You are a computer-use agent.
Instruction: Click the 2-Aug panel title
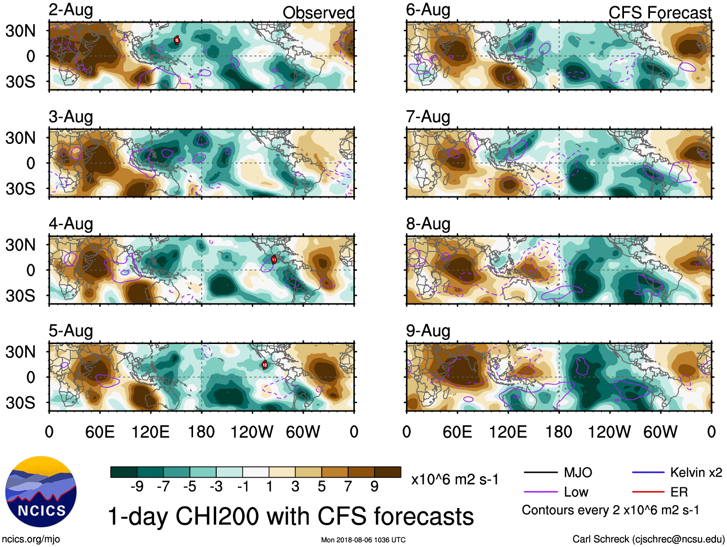(71, 10)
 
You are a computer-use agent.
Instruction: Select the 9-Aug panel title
(428, 331)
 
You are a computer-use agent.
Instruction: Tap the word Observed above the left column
(318, 13)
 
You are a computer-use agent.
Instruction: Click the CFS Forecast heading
(660, 13)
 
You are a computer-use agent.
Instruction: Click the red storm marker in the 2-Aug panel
(177, 40)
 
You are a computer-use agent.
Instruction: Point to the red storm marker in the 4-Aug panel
(273, 260)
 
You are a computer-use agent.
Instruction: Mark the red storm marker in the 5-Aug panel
(264, 365)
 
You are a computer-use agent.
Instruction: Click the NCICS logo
(41, 491)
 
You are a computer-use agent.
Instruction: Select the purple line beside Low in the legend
(541, 492)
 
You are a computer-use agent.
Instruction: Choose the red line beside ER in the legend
(648, 492)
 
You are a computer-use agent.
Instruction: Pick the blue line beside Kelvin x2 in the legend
(648, 472)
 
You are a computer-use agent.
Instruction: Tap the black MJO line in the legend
(541, 472)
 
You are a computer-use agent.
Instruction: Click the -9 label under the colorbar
(137, 487)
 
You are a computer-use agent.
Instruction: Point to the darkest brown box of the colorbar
(388, 472)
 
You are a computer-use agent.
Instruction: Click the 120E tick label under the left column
(151, 432)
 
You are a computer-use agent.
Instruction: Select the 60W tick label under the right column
(660, 432)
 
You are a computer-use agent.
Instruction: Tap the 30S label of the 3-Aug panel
(20, 189)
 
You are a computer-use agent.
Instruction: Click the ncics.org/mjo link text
(31, 539)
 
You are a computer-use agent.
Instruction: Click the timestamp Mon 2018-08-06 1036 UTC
(363, 540)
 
